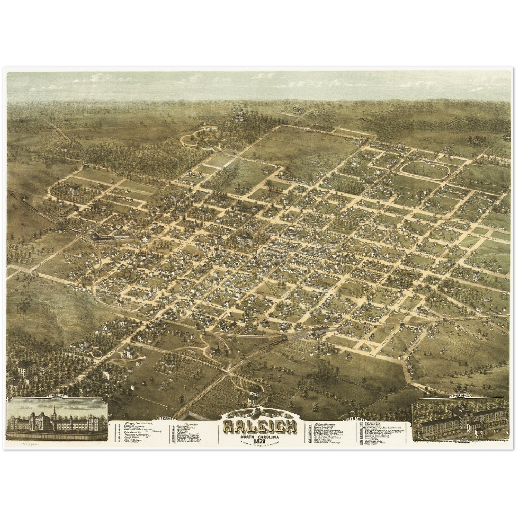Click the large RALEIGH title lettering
point(260,426)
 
